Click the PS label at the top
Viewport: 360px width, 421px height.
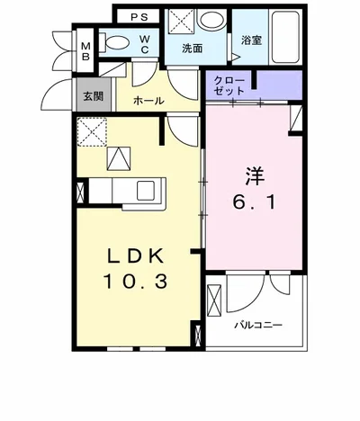pos(140,16)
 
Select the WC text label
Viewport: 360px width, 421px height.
pos(143,43)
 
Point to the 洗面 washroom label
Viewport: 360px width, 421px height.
pos(192,48)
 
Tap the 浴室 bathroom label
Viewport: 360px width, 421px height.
pos(250,40)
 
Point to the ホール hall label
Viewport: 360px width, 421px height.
pos(148,101)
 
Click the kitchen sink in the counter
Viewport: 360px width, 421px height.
pos(145,189)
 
